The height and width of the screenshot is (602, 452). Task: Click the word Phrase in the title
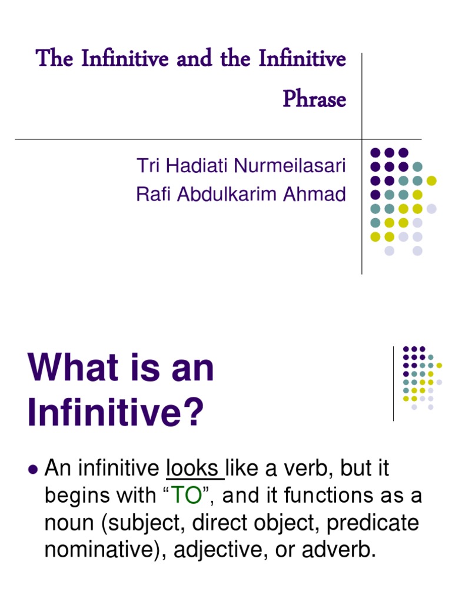(x=314, y=99)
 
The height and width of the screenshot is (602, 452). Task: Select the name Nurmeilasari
(x=290, y=166)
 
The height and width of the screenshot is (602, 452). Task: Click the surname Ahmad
(x=316, y=194)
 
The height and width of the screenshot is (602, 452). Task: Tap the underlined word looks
(x=192, y=469)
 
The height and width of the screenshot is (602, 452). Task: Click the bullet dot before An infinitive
(x=33, y=469)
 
